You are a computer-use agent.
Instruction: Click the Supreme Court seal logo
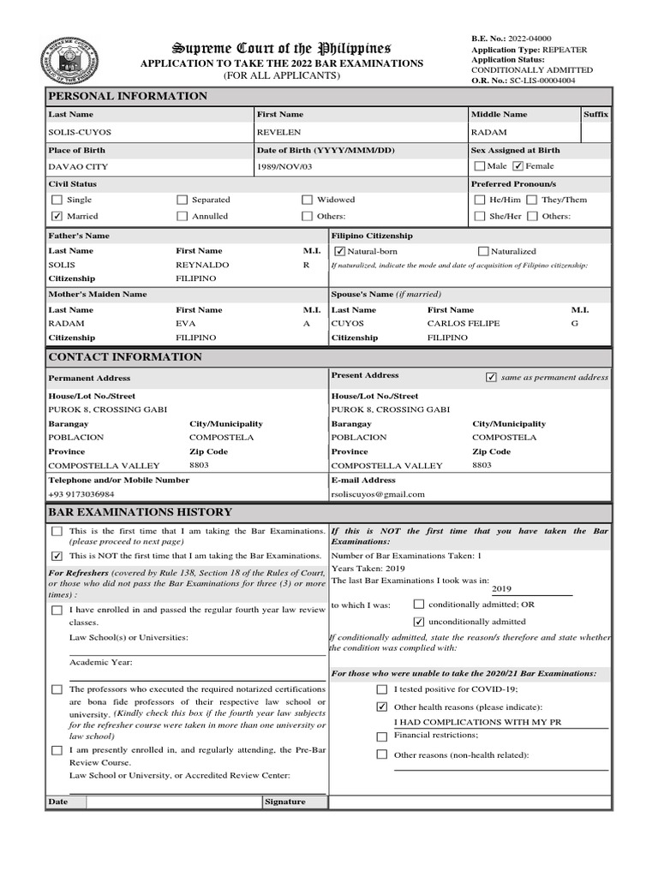click(69, 61)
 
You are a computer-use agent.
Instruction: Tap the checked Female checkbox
click(517, 166)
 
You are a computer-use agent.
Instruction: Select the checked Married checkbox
click(57, 216)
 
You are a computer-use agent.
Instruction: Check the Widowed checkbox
click(307, 200)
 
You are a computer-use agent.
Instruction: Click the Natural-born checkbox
click(339, 251)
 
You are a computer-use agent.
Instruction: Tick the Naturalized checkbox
click(483, 251)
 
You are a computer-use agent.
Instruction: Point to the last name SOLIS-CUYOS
click(80, 133)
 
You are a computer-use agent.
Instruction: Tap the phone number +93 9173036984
click(81, 494)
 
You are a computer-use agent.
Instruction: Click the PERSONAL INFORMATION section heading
click(128, 96)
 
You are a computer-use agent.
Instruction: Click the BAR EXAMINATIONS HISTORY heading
click(140, 512)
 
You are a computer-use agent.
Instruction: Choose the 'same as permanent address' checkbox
click(491, 377)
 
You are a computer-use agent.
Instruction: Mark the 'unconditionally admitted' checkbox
click(419, 621)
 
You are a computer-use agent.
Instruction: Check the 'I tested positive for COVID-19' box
click(381, 689)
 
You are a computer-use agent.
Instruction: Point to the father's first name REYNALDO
click(202, 265)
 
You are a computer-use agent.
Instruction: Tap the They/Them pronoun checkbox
click(532, 200)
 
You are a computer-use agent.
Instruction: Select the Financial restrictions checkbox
click(381, 736)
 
